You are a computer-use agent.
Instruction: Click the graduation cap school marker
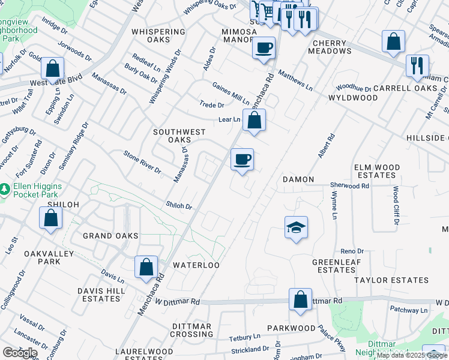[296, 227]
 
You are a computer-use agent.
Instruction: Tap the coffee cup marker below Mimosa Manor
[263, 47]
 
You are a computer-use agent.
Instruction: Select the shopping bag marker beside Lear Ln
[255, 119]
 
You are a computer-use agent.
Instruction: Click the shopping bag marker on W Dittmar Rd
[300, 299]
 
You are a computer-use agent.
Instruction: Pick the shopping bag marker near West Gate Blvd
[53, 68]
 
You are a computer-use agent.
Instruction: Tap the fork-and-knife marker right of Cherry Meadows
[417, 65]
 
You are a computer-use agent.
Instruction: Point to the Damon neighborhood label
[298, 179]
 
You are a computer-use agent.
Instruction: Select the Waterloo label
[196, 265]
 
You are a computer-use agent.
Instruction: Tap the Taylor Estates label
[391, 280]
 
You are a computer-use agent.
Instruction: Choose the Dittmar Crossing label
[192, 330]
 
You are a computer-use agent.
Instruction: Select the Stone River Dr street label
[142, 163]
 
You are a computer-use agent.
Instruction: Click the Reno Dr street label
[352, 251]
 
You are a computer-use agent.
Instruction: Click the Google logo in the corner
[20, 352]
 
